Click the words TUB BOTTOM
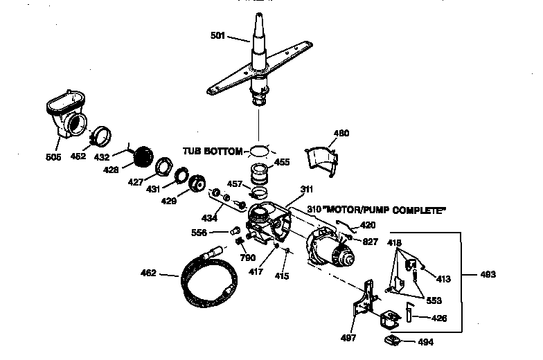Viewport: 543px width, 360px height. point(213,151)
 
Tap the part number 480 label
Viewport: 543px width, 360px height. point(341,133)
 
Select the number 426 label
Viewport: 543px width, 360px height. point(439,318)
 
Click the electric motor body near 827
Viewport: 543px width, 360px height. point(329,249)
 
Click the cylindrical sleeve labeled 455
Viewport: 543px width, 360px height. point(259,174)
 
